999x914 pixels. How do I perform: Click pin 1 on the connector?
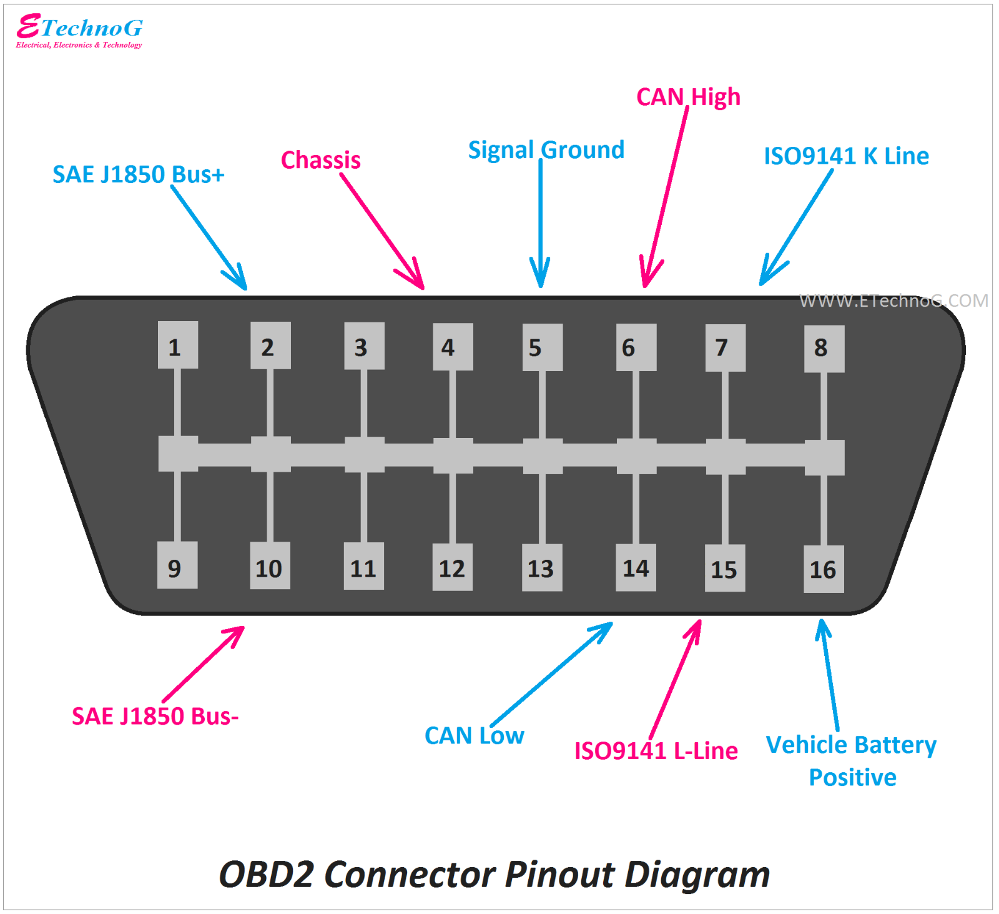178,345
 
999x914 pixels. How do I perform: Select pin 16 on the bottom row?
823,569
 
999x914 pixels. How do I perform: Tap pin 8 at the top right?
824,349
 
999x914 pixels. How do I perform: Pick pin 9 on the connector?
177,565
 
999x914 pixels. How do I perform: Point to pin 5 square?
543,347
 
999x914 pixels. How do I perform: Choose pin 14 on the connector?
636,567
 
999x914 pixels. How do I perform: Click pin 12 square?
452,567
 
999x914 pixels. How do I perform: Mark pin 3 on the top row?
364,346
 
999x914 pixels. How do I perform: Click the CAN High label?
688,97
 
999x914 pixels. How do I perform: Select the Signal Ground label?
546,150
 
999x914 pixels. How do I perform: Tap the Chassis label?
321,161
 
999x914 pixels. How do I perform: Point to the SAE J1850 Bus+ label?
139,174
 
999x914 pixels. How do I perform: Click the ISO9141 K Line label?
846,156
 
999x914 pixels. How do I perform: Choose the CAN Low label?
475,735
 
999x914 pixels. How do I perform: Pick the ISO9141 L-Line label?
656,751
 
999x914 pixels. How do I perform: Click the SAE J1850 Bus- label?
155,716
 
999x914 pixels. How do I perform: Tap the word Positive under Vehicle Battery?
853,778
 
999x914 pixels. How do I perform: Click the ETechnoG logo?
79,30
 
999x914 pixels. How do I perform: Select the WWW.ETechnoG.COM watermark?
893,301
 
